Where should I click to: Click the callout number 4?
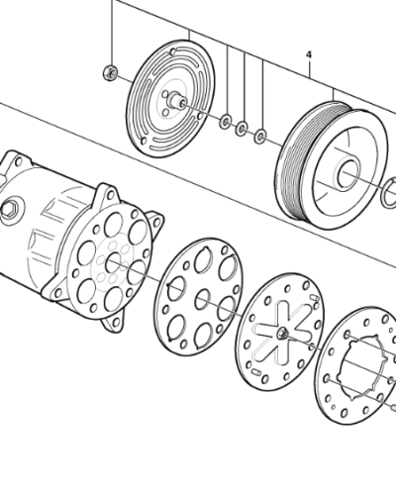click(x=308, y=53)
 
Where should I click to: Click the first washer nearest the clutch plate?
click(x=227, y=122)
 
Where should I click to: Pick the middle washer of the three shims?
click(x=243, y=128)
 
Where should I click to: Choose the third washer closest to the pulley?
click(x=259, y=134)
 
